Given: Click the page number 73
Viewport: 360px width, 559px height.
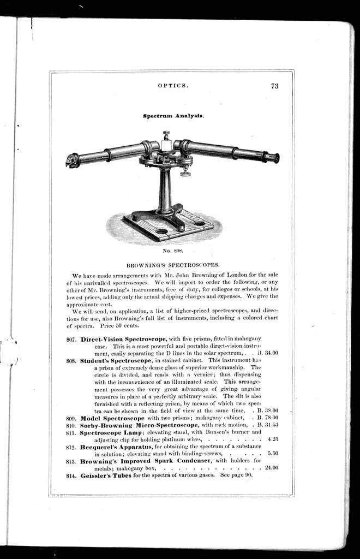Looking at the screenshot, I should pyautogui.click(x=274, y=86).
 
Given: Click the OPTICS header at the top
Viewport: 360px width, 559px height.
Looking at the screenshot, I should pyautogui.click(x=173, y=86).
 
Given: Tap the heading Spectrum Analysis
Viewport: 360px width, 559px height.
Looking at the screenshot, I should pyautogui.click(x=173, y=116).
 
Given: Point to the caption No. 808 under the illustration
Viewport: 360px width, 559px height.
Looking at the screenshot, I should pyautogui.click(x=172, y=251).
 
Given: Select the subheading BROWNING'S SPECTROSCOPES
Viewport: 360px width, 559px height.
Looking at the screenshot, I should pyautogui.click(x=173, y=264).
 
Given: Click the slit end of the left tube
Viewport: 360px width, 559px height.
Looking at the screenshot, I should pyautogui.click(x=71, y=160).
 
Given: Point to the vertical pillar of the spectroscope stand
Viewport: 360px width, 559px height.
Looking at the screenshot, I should pyautogui.click(x=164, y=189).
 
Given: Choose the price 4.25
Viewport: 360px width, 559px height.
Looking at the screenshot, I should pyautogui.click(x=273, y=439).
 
